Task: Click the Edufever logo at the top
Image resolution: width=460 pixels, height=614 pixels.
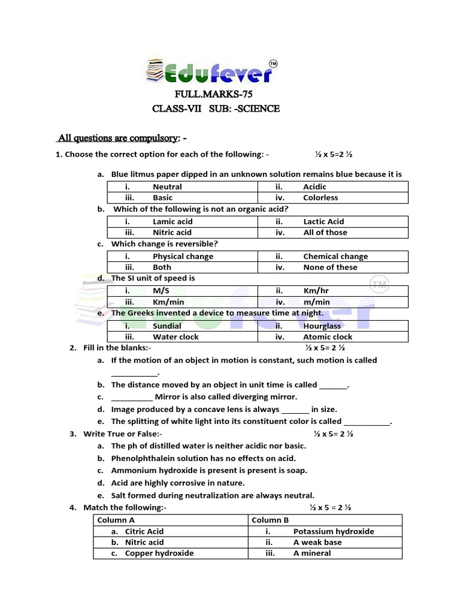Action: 210,71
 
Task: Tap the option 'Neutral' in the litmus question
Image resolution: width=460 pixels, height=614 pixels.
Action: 167,187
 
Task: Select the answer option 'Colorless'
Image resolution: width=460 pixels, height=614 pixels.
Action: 320,198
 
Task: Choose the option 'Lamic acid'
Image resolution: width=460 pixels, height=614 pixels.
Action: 172,222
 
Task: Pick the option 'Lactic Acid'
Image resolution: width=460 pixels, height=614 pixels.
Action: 323,222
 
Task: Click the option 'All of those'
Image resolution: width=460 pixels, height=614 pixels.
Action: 325,233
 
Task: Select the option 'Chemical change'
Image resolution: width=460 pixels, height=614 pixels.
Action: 335,257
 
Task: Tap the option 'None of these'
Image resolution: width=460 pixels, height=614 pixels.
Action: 330,267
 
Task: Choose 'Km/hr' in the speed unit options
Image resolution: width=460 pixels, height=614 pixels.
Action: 316,291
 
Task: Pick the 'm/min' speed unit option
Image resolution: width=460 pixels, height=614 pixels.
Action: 317,302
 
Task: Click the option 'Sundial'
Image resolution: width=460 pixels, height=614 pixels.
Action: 167,326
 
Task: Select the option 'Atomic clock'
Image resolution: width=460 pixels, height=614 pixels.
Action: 328,337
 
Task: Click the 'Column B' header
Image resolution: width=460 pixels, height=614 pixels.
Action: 270,520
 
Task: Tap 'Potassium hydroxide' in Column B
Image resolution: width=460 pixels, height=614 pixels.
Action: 334,531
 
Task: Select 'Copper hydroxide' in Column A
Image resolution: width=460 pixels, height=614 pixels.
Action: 159,553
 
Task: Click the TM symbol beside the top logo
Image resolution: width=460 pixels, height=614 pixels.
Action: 273,64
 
